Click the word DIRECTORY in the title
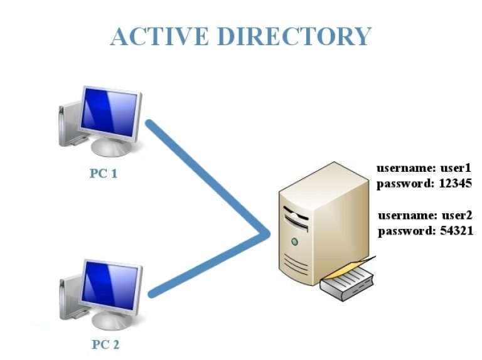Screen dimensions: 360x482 pyautogui.click(x=294, y=36)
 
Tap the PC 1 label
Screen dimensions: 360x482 pyautogui.click(x=104, y=173)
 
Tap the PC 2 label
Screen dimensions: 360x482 pyautogui.click(x=105, y=344)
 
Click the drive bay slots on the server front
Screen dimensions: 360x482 pyautogui.click(x=294, y=217)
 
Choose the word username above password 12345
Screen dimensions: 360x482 pyautogui.click(x=403, y=169)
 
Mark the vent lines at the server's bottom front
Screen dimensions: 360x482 pyautogui.click(x=295, y=263)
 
